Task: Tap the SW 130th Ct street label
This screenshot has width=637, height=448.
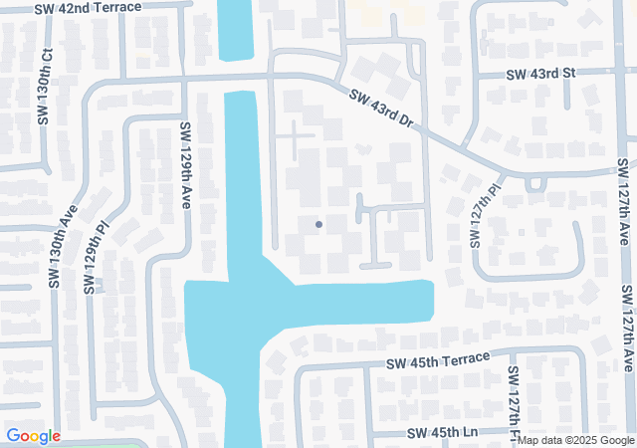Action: click(43, 86)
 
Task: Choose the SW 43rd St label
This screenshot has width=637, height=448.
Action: click(540, 74)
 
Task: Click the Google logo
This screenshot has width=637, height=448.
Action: click(33, 436)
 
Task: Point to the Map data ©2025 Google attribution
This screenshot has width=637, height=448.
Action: click(576, 441)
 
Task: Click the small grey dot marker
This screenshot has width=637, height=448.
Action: click(318, 224)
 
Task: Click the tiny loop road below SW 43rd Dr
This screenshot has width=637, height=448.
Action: click(534, 183)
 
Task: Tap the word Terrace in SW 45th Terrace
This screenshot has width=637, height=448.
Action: click(464, 358)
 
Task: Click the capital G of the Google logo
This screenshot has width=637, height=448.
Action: click(14, 436)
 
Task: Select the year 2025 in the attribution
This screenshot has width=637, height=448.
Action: click(580, 441)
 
